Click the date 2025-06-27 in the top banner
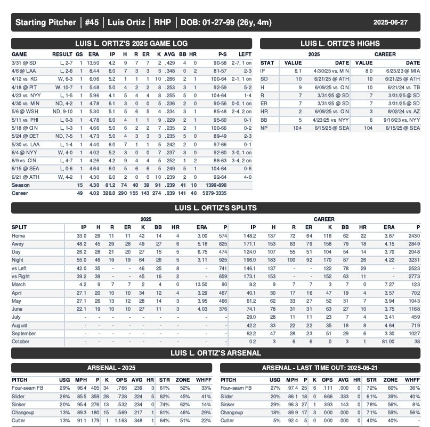[390, 22]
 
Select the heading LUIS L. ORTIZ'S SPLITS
[215, 208]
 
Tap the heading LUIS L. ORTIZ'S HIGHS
[340, 44]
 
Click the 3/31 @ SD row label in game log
[22, 62]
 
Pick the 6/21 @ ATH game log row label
[24, 177]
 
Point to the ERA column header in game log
[93, 54]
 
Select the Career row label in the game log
[20, 193]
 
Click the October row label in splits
[21, 342]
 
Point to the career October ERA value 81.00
[387, 342]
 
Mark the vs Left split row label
[20, 268]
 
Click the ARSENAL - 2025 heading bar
[111, 368]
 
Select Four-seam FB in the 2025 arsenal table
[27, 388]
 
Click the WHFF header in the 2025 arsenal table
[202, 380]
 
